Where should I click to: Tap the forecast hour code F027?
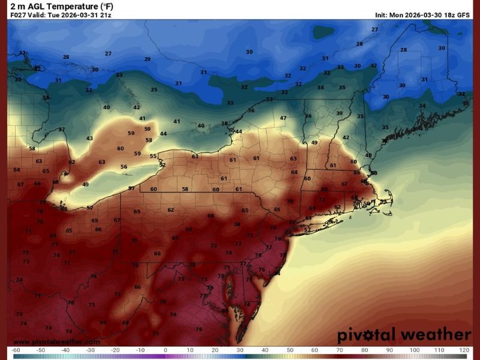[17, 14]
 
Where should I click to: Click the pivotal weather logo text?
[403, 334]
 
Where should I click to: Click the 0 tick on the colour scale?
[166, 349]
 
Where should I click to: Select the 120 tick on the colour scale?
[464, 349]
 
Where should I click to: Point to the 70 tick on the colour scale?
[340, 349]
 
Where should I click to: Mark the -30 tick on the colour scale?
[90, 349]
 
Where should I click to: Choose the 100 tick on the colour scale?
[414, 349]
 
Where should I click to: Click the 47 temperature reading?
[283, 118]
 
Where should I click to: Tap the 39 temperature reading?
[339, 113]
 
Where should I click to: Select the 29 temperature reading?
[147, 59]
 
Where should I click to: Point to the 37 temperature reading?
[61, 130]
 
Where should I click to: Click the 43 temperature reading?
[89, 138]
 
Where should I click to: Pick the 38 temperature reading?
[224, 124]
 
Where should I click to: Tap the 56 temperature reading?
[124, 167]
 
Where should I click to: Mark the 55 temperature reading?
[153, 157]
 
